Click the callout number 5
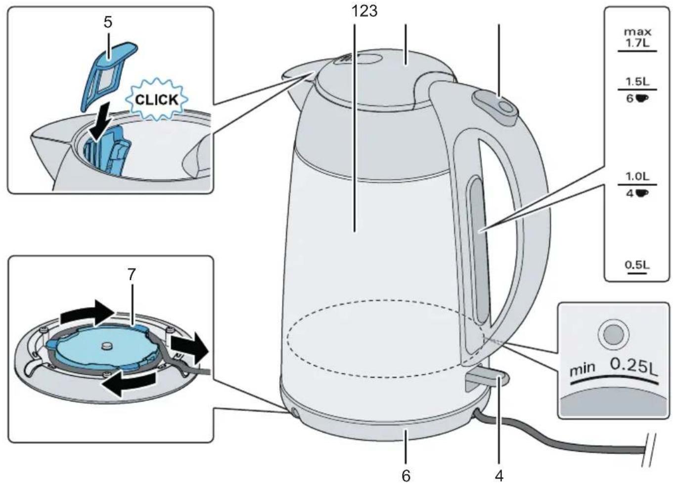[108, 22]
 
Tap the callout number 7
[132, 274]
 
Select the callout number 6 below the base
[406, 476]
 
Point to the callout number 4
[499, 476]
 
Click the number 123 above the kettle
[364, 11]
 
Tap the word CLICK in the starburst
[156, 100]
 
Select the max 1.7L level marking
[637, 38]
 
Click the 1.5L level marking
[637, 82]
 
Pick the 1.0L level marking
[637, 176]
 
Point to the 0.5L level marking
[637, 265]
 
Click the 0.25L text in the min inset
[633, 367]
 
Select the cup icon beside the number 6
[642, 98]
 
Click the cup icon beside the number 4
[642, 193]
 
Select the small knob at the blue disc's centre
[106, 346]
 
